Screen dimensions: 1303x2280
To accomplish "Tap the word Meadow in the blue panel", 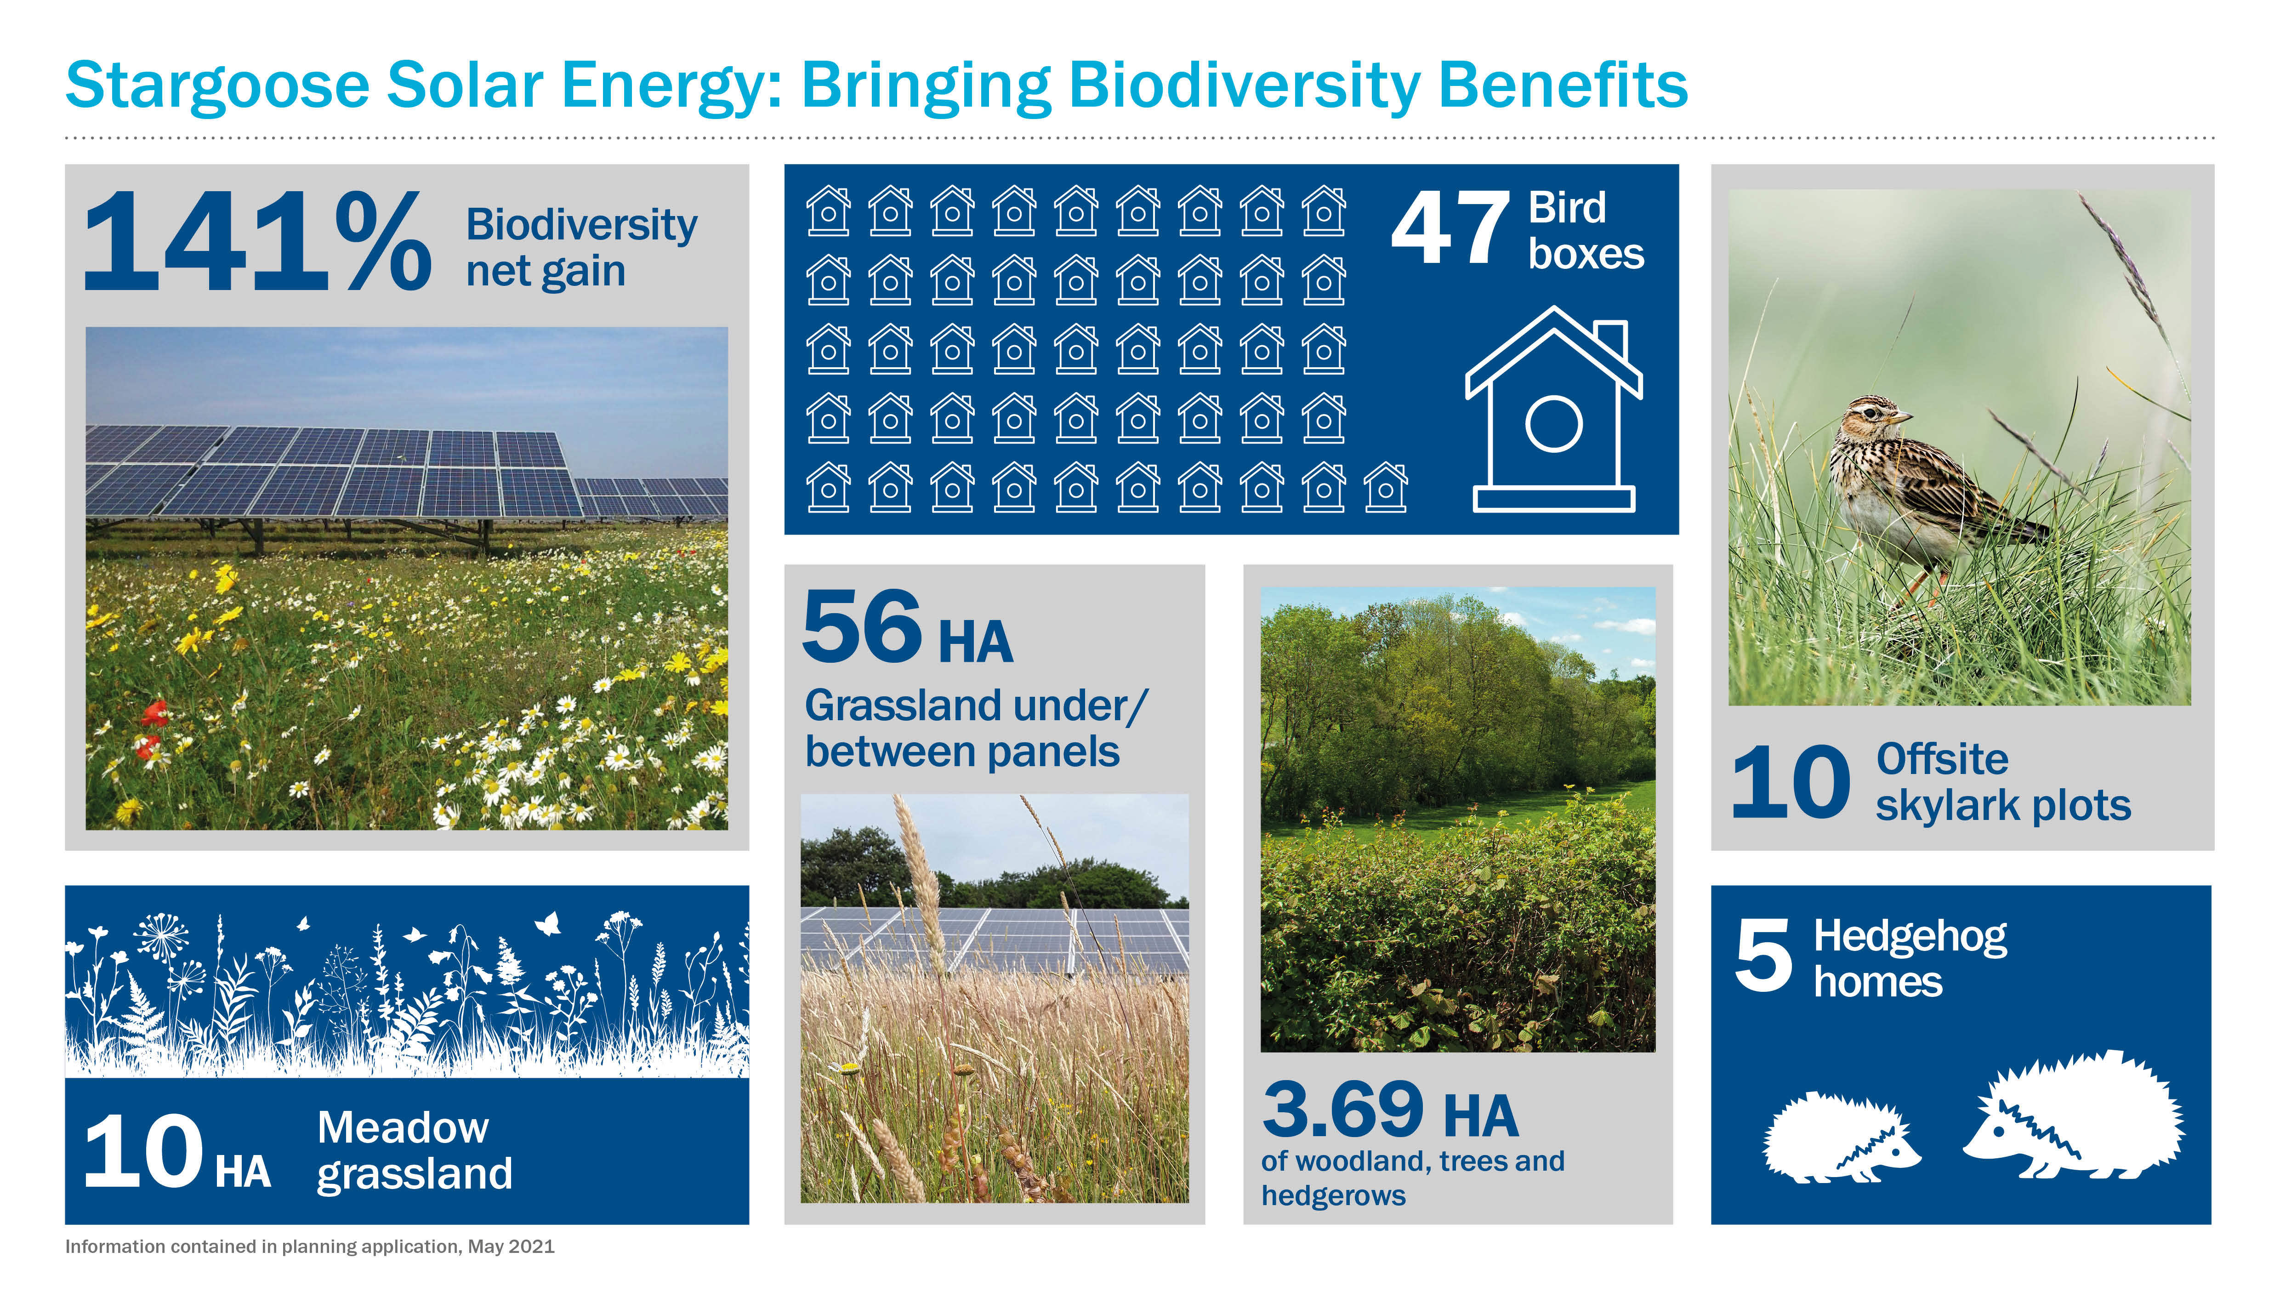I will point(403,1127).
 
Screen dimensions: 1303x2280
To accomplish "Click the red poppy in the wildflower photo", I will point(154,713).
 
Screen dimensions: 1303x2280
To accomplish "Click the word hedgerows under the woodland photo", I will point(1333,1195).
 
